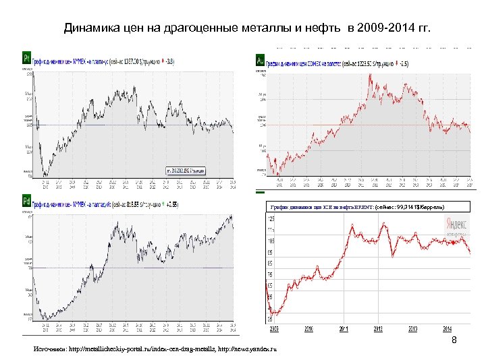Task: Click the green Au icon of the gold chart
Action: tap(260, 61)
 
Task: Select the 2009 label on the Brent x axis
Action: tap(274, 330)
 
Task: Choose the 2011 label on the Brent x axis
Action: tap(344, 330)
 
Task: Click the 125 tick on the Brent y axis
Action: tap(271, 220)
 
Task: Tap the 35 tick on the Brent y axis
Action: tap(271, 319)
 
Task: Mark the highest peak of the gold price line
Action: tap(369, 75)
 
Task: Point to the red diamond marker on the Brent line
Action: tap(470, 252)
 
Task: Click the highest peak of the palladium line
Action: tap(231, 215)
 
